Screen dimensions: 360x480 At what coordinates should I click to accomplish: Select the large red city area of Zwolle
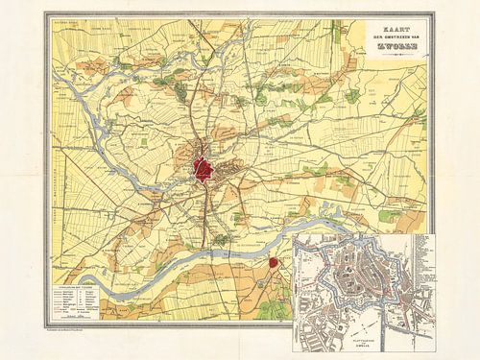(204, 168)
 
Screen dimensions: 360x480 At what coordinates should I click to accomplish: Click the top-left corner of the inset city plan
(294, 234)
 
